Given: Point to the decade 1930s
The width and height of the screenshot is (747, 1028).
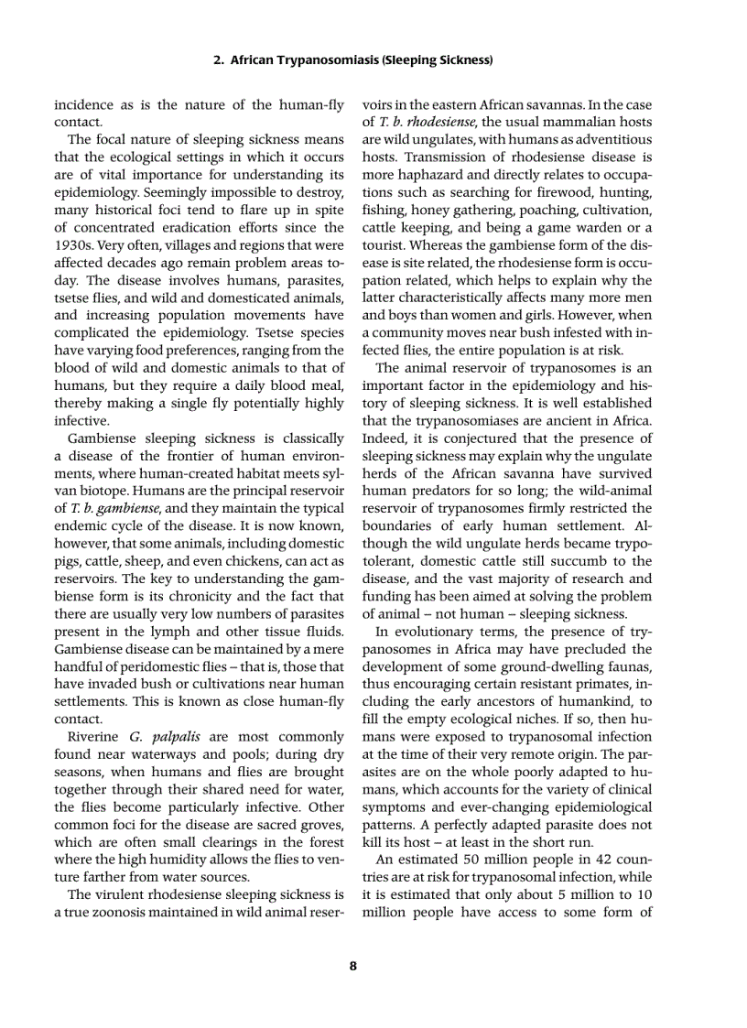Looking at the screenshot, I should pyautogui.click(x=75, y=245).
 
